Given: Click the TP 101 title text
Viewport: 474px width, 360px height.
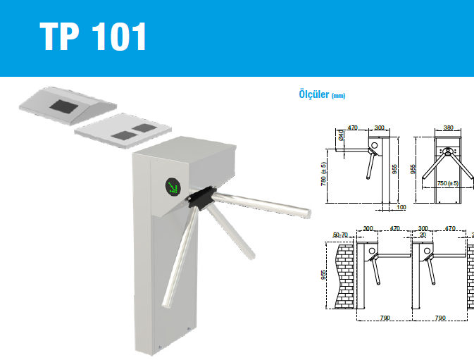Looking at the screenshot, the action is point(93,36).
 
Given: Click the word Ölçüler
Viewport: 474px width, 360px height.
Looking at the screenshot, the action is point(314,94).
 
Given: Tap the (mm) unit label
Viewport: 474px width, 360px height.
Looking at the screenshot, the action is point(338,96).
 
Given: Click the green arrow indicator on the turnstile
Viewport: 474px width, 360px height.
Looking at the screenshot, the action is point(173,186).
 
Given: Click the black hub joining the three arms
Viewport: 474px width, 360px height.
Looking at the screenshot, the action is point(200,197).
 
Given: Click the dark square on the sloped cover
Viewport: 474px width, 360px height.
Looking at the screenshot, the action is point(64,106).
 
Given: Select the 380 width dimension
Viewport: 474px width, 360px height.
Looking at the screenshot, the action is point(449,128).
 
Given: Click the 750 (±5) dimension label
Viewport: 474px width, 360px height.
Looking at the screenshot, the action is point(448,183).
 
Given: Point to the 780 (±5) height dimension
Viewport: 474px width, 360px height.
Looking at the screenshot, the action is point(323,174).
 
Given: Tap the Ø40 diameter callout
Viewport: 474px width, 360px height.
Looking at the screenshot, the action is point(341,135).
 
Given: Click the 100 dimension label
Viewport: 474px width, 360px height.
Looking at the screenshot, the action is point(401,207).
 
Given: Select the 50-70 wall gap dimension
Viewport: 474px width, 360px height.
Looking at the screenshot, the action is point(340,235).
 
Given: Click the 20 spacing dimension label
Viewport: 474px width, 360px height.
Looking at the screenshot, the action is point(423,235).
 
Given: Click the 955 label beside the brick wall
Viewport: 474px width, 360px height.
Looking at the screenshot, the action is point(323,275).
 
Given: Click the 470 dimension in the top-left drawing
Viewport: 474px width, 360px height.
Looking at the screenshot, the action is point(352,128).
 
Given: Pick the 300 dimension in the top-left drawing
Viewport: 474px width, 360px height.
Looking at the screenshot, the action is point(379,128).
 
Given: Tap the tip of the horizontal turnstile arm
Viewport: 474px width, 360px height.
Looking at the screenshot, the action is point(309,213).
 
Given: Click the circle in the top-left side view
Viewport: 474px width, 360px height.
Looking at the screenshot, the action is point(375,145).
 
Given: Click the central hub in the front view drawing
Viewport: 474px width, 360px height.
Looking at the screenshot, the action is point(448,151).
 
